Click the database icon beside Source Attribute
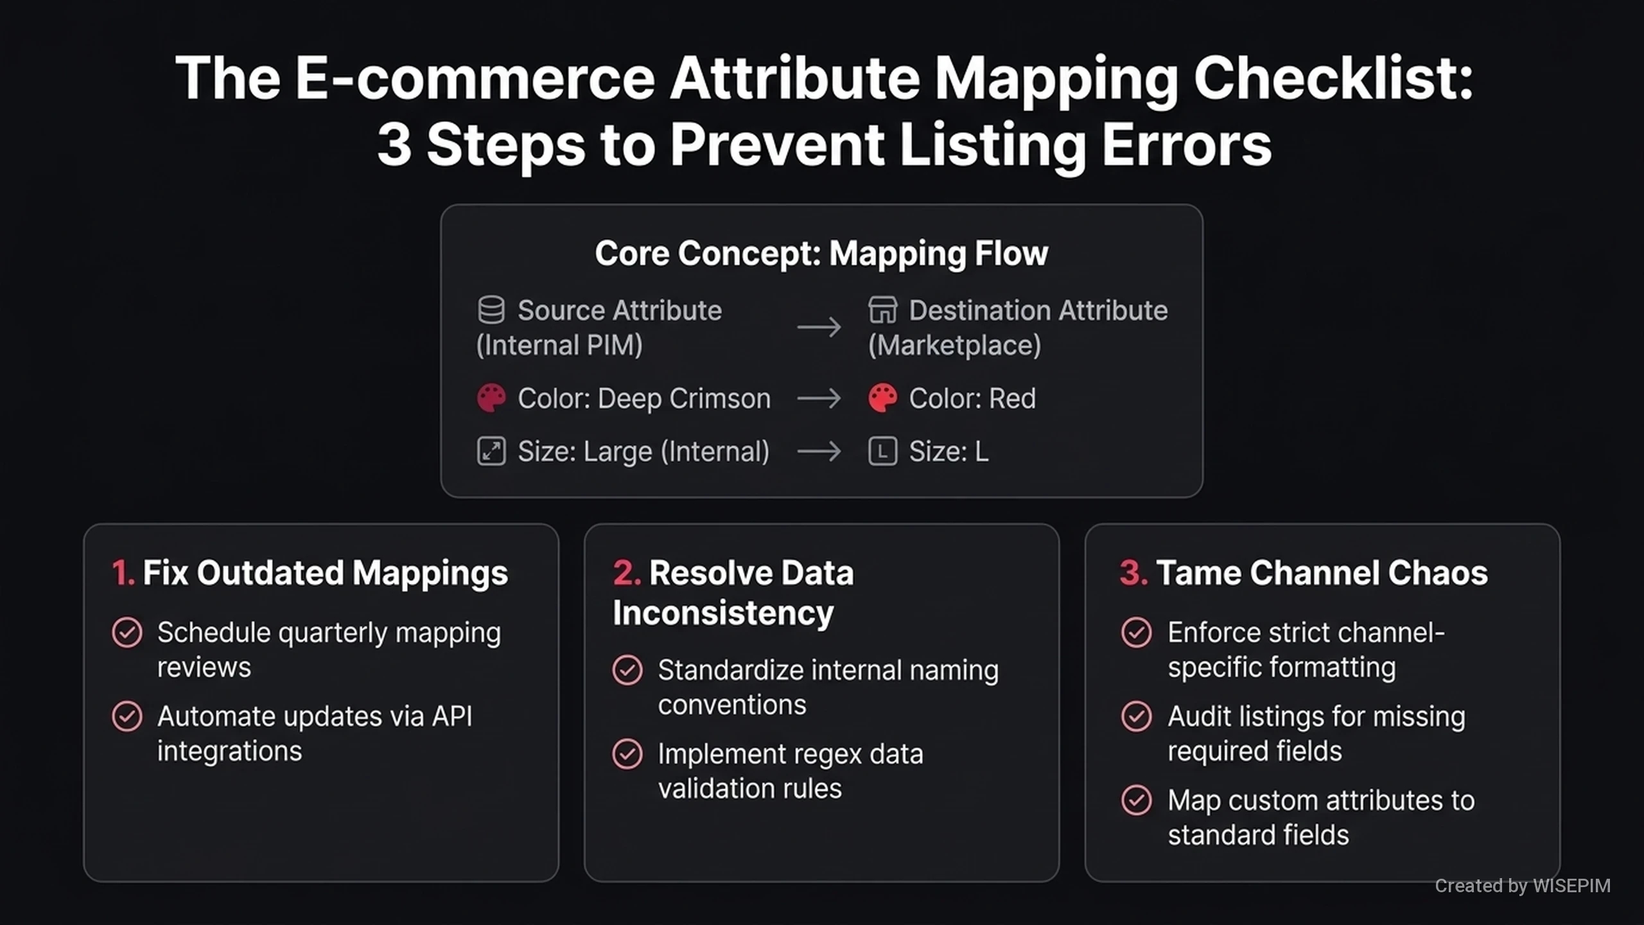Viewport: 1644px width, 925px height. pos(491,310)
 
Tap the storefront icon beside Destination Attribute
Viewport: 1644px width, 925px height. pos(882,310)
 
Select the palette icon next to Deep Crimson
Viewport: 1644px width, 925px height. pos(491,398)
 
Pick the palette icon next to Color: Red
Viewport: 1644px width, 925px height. pos(882,398)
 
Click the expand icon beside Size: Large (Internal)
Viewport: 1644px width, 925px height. pos(491,451)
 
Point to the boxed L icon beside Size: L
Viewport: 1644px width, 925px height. pos(882,451)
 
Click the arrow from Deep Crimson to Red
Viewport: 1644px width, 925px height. pos(819,398)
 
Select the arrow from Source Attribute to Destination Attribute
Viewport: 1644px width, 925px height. pos(819,328)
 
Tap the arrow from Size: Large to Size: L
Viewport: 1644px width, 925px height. pos(819,451)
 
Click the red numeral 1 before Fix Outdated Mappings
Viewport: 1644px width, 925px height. pos(122,572)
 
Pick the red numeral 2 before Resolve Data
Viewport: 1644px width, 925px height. pos(626,572)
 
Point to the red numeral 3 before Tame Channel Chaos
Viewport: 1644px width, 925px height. pos(1133,572)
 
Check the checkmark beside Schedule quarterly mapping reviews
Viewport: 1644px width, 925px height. pos(127,633)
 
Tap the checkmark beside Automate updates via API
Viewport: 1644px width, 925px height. pos(127,716)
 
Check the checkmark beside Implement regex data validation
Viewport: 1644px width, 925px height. pos(627,754)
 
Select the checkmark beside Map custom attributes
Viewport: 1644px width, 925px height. pos(1136,800)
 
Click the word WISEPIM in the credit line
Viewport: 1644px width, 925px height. pos(1571,886)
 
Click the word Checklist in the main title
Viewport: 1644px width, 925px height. pos(1333,78)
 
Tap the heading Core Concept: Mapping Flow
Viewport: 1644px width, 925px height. pos(821,253)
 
